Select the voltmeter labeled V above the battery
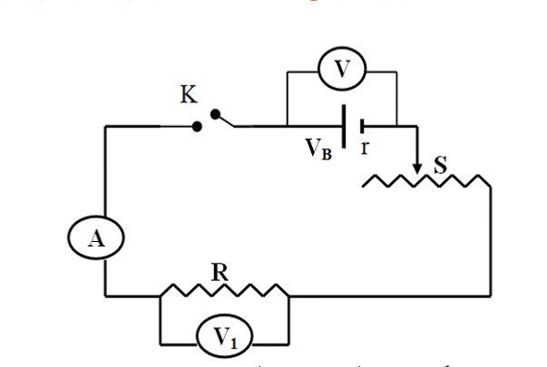click(342, 75)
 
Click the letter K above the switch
click(187, 97)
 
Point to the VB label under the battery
click(317, 149)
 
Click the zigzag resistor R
click(224, 292)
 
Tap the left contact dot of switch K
click(196, 125)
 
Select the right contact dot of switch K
click(215, 114)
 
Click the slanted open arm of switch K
click(225, 120)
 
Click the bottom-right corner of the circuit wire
click(491, 295)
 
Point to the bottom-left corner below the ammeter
click(106, 295)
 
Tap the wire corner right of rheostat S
click(491, 187)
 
